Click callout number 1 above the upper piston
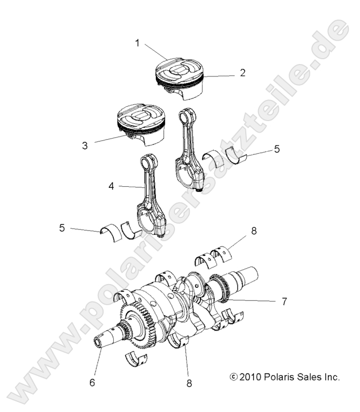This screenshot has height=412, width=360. click(137, 43)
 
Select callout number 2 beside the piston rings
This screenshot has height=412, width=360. click(242, 73)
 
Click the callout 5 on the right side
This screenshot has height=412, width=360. click(277, 150)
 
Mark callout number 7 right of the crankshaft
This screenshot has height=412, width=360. click(283, 301)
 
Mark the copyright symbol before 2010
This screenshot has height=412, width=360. click(234, 378)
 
